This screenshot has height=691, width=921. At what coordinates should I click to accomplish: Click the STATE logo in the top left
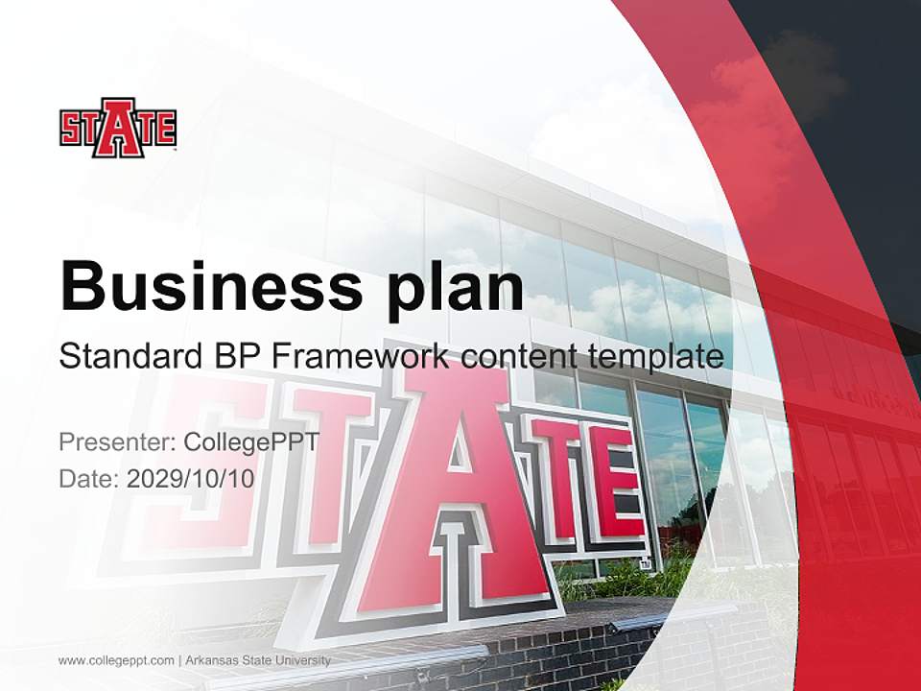tap(118, 128)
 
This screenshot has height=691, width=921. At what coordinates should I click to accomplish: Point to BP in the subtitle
tap(234, 357)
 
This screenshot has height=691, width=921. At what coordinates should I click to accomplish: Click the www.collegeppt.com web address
tap(116, 660)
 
